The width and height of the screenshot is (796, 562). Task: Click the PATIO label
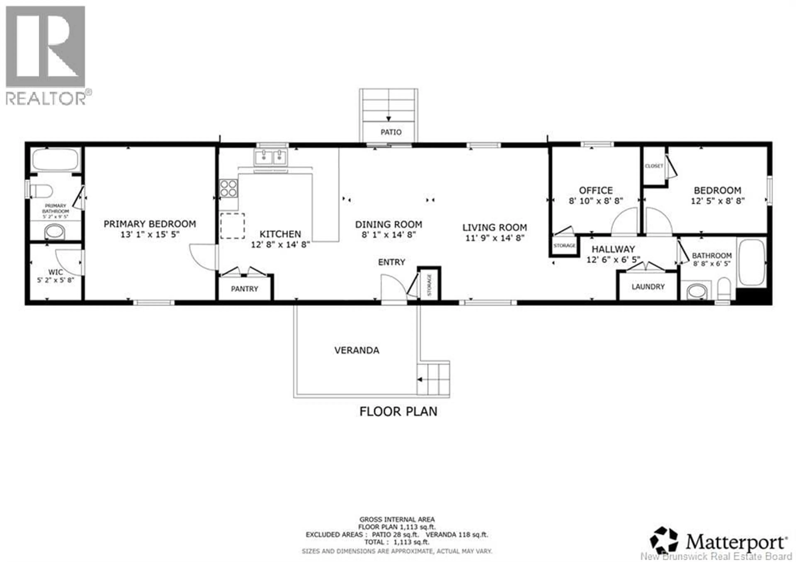(391, 132)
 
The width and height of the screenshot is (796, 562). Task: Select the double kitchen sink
(271, 157)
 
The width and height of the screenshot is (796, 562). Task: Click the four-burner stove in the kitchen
(228, 188)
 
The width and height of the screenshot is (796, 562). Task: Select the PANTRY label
(244, 289)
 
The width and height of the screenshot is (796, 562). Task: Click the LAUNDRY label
(648, 287)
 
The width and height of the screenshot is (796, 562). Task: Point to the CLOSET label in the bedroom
(654, 166)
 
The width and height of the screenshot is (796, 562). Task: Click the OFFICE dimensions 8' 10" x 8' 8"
(596, 201)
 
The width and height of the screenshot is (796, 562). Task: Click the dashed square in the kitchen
(232, 226)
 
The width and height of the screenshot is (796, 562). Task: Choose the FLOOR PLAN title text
(398, 411)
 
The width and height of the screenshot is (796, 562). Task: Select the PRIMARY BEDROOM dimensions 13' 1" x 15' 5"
(150, 235)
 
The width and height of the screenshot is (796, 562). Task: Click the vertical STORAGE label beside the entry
(430, 285)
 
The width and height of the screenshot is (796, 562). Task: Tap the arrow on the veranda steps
(420, 380)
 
